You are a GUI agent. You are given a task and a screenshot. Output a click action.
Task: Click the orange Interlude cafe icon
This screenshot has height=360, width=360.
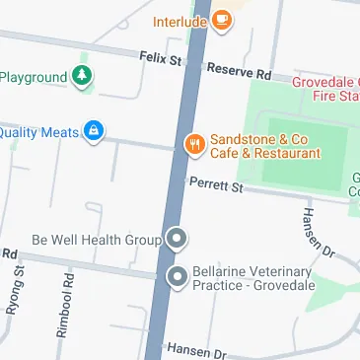223,19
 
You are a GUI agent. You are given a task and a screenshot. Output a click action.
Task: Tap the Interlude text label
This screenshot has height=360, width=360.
180,20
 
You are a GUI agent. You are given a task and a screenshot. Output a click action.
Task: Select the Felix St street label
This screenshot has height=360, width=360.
160,60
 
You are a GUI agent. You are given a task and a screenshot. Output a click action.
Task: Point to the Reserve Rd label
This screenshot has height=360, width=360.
239,71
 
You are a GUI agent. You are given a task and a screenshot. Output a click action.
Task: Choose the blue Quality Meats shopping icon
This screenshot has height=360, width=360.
94,131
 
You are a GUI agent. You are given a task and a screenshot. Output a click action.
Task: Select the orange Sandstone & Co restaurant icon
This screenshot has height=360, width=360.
194,145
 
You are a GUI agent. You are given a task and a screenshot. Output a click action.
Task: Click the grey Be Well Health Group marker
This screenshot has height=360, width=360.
177,239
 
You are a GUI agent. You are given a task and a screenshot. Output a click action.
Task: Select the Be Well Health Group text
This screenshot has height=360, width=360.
96,240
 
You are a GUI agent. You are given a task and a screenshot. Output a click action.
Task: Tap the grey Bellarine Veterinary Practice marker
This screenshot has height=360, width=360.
177,277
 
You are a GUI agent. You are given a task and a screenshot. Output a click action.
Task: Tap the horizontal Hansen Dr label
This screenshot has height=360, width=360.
196,350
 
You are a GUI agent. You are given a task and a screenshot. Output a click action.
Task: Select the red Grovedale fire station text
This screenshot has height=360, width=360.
325,90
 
